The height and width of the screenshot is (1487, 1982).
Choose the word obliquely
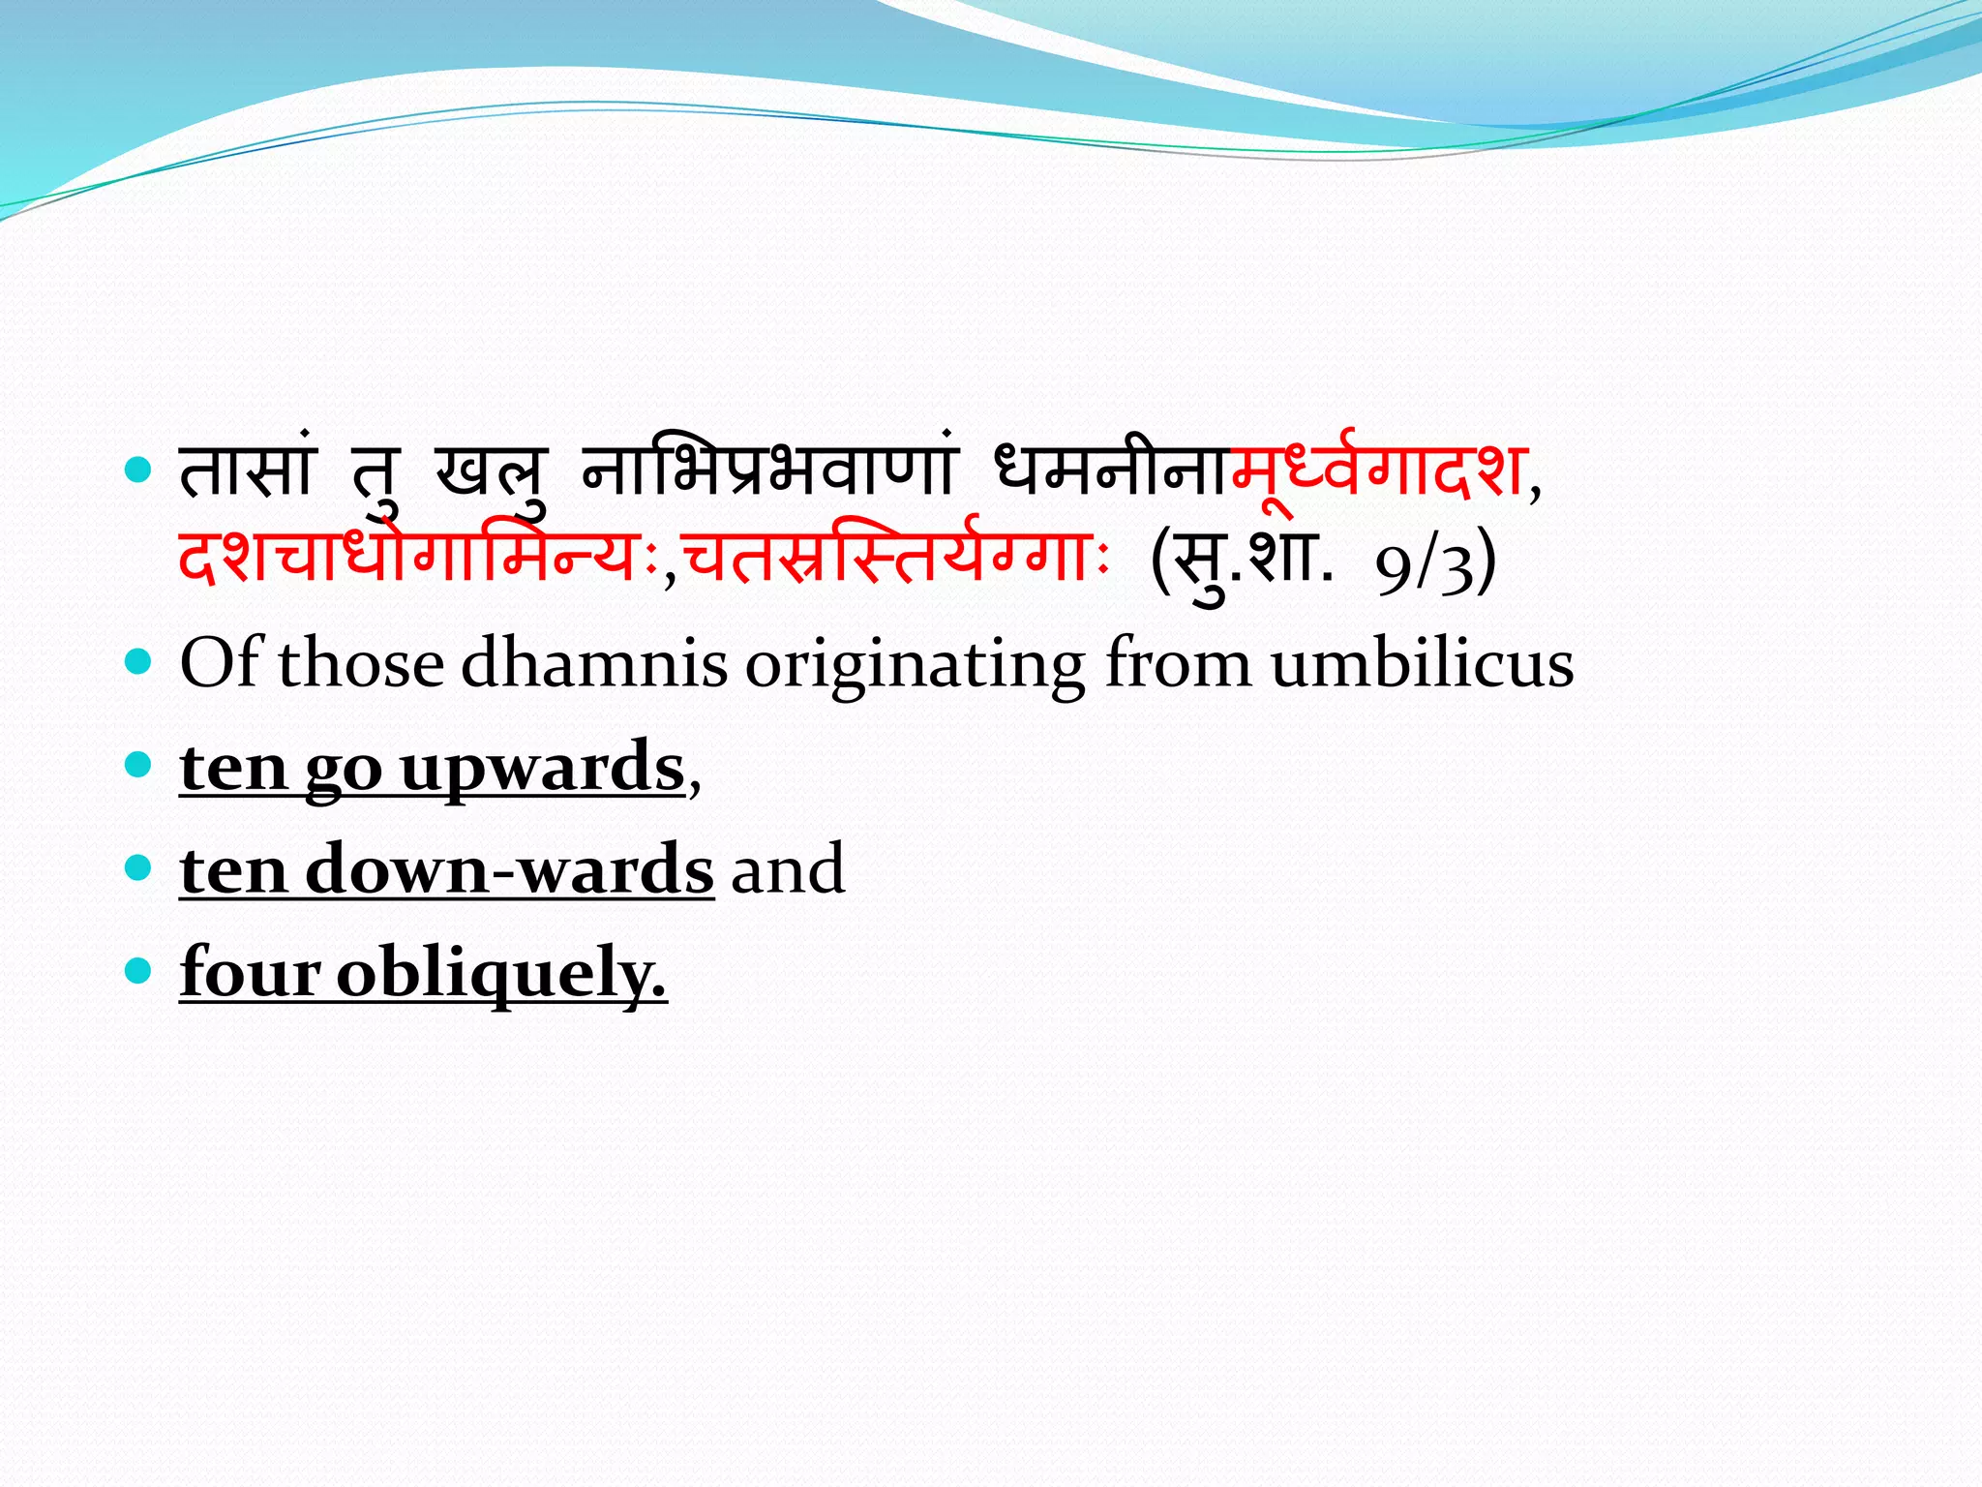coord(501,973)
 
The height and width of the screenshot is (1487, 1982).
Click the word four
coord(250,971)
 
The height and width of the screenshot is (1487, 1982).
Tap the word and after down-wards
coord(788,869)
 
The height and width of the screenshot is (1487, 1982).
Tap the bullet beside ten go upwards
coord(139,766)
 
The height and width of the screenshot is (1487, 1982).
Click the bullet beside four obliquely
coord(139,969)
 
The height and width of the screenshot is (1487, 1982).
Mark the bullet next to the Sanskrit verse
coord(139,471)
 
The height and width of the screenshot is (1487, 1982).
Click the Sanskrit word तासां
coord(248,471)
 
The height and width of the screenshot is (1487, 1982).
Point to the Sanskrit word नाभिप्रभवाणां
coord(769,471)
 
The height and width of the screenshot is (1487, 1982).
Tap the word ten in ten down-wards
coord(233,869)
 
